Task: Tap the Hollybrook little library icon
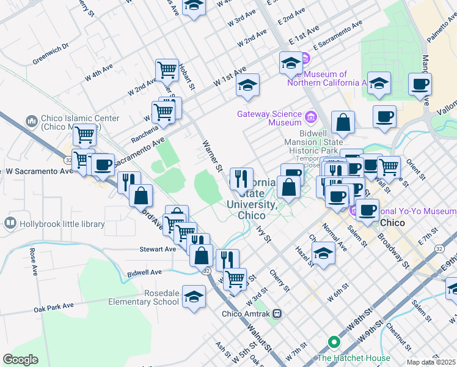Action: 10,224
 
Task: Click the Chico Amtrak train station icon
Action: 277,314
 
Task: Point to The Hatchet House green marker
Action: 334,343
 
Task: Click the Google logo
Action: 20,359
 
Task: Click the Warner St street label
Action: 211,155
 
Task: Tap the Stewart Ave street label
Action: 158,249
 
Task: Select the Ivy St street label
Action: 264,233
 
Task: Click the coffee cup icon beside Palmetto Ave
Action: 420,84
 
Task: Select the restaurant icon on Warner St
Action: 241,178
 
